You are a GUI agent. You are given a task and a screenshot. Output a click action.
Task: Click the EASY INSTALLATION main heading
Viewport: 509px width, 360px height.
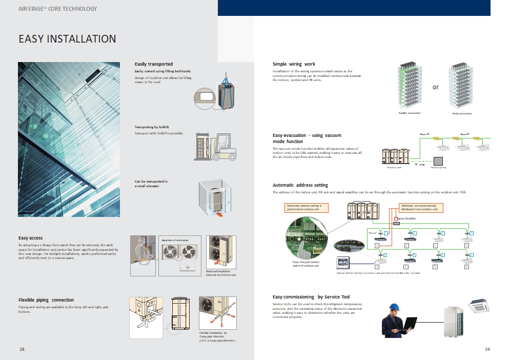click(x=67, y=39)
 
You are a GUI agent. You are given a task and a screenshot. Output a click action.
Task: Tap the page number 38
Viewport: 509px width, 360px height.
click(x=22, y=349)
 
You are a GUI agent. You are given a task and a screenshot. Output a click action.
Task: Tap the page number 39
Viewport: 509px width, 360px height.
click(x=487, y=349)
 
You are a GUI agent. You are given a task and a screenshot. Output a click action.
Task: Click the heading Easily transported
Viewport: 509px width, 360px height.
click(x=154, y=64)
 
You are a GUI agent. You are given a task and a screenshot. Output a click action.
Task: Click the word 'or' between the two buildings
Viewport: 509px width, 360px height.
click(x=435, y=87)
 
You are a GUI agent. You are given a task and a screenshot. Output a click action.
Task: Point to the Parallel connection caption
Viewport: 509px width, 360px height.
click(x=410, y=113)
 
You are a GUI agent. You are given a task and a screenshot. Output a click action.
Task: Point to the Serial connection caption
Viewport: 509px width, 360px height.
click(x=462, y=113)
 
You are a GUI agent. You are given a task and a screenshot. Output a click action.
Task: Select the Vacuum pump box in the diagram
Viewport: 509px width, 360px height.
click(x=439, y=161)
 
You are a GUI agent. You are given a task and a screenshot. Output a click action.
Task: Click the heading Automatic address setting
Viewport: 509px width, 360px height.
click(x=300, y=185)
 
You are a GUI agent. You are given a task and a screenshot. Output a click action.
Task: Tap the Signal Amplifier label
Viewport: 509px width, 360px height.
click(x=407, y=218)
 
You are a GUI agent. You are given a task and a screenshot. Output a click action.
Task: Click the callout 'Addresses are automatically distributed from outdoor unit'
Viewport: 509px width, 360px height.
click(x=421, y=208)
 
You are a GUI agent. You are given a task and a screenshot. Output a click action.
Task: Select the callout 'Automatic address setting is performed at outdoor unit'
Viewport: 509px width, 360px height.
click(x=307, y=208)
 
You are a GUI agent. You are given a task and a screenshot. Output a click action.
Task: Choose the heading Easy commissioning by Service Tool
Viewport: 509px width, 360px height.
click(x=311, y=297)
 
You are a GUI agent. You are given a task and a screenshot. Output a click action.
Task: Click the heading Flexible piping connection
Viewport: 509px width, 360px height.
click(x=46, y=300)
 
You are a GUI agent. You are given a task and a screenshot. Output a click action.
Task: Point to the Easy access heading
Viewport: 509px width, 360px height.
click(x=30, y=238)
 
